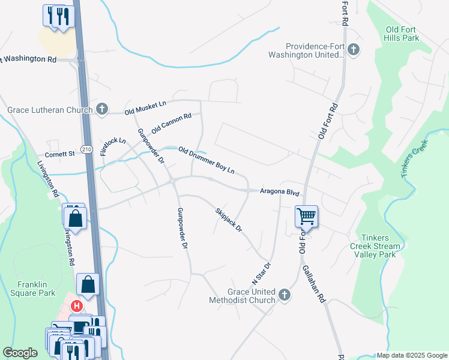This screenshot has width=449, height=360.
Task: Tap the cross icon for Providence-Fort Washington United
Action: pos(354,50)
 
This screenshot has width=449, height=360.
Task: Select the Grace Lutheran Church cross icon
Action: pos(102,109)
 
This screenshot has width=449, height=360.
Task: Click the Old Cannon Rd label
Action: pos(171,123)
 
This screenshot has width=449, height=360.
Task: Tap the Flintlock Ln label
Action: pos(113,147)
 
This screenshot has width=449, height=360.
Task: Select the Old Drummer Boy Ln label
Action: pos(206,160)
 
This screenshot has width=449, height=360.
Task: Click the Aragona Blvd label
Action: pos(279,191)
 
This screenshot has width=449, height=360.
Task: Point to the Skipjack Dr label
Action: pos(228,220)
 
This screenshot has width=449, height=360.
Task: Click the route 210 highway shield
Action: pos(87,154)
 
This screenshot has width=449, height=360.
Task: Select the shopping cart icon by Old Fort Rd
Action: pos(306,216)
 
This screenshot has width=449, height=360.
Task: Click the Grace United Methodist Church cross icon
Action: pos(285,295)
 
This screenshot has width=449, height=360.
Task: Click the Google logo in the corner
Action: pos(20,353)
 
